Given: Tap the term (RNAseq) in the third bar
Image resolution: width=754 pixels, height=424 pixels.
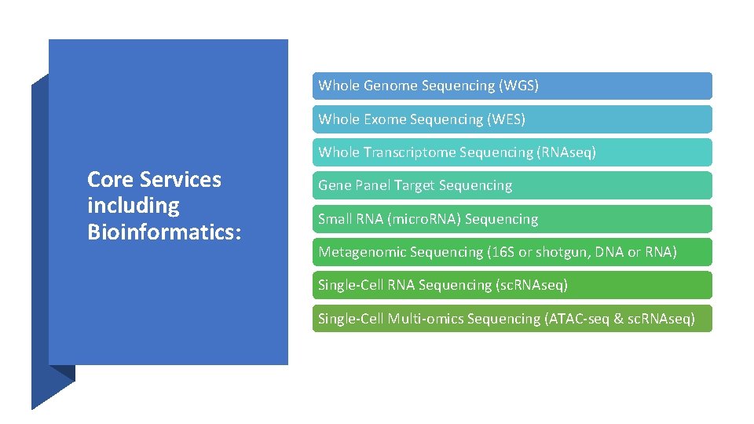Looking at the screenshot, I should tap(566, 152).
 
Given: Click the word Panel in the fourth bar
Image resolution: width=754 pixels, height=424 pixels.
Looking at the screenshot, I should tap(372, 186).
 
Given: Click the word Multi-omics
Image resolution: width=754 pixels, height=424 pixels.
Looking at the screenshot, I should tap(426, 319).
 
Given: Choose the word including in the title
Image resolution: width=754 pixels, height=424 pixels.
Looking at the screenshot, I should tap(133, 206).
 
